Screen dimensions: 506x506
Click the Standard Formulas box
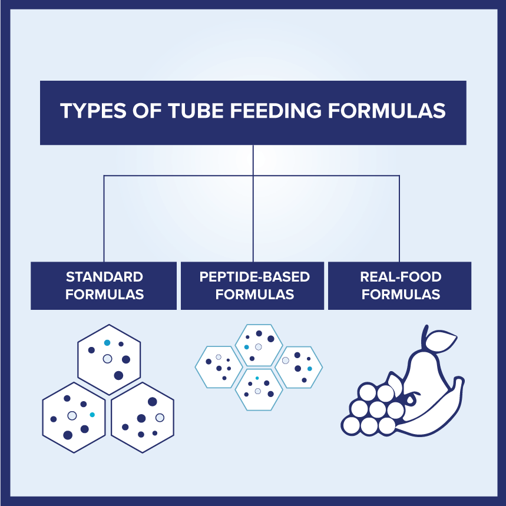pos(104,286)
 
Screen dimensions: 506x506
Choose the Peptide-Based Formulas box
pos(253,286)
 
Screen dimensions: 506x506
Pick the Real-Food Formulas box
pos(400,286)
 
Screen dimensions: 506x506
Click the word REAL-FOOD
pos(401,277)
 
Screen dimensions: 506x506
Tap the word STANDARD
pos(104,277)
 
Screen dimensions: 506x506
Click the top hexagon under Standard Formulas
pos(109,359)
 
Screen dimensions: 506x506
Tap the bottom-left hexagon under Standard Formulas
pos(74,417)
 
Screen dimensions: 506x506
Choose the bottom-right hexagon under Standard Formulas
pos(143,417)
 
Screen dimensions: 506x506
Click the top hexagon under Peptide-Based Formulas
pos(259,345)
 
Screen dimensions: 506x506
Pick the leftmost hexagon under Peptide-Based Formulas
pos(219,366)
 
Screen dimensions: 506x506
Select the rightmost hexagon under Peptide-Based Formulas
pos(299,366)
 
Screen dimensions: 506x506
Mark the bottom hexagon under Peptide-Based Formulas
pos(259,389)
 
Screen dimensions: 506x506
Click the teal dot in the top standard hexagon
pos(107,342)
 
